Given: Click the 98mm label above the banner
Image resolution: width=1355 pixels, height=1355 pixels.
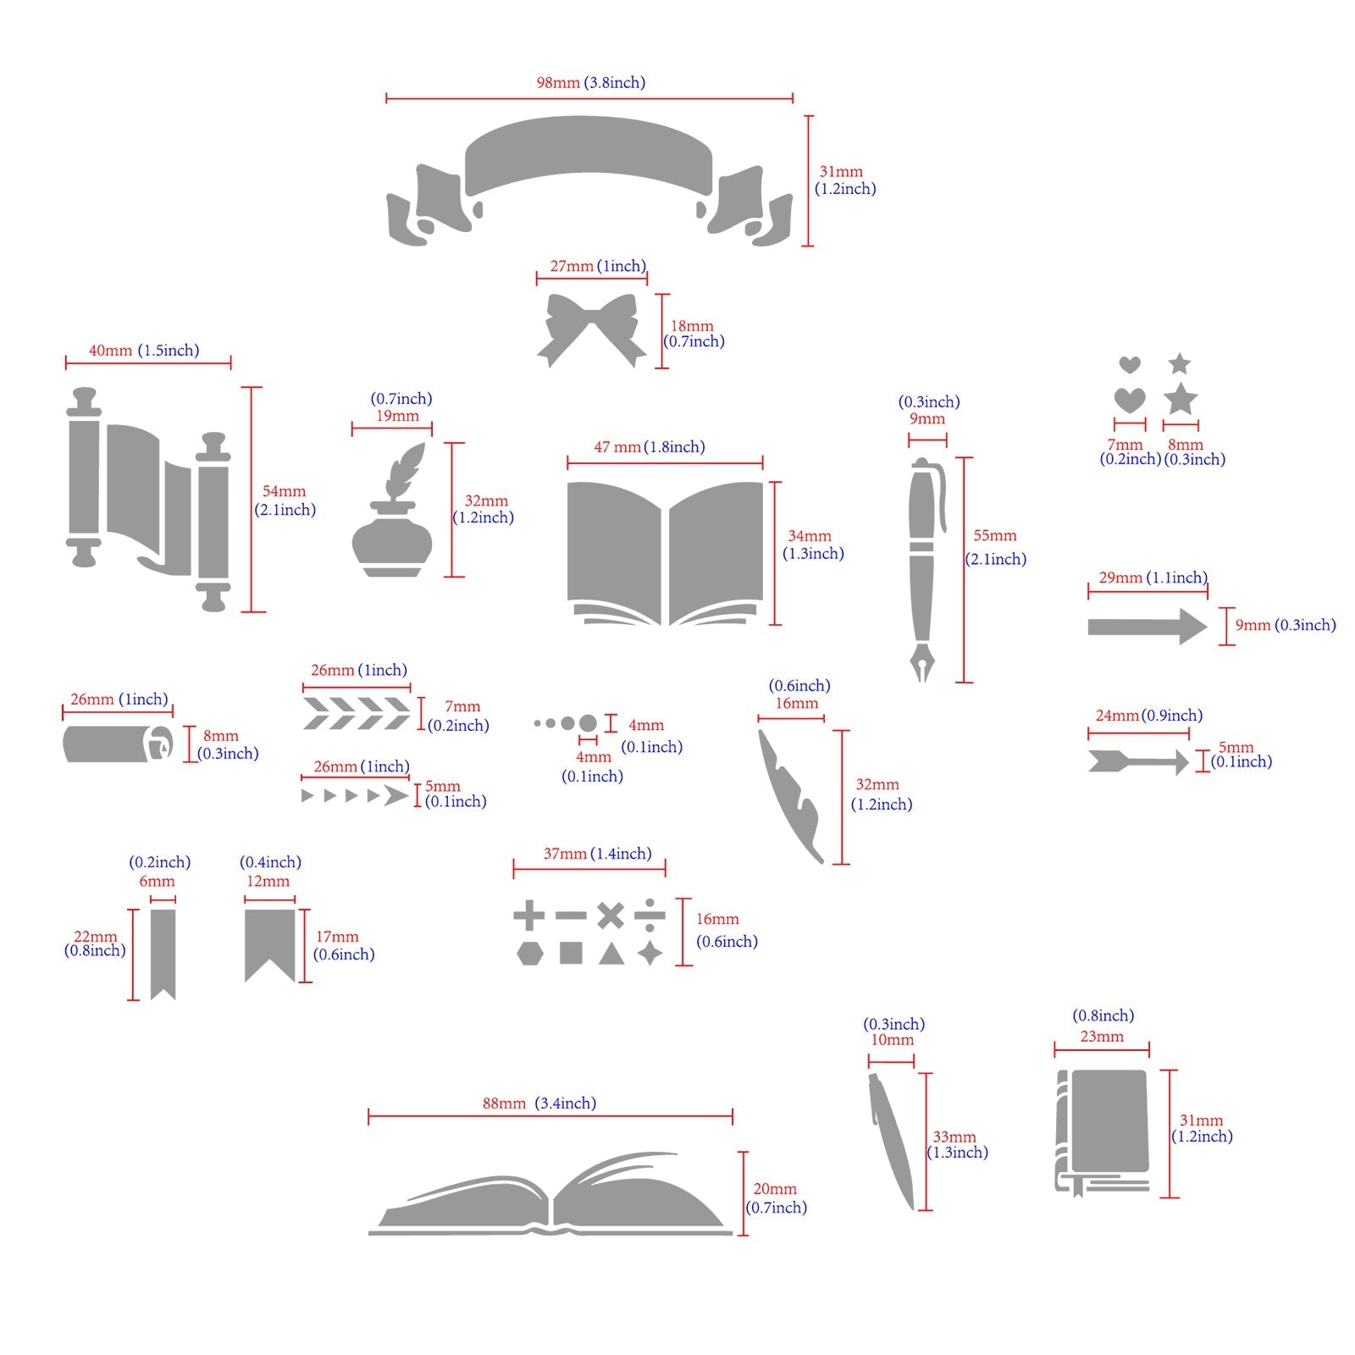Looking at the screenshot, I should point(558,83).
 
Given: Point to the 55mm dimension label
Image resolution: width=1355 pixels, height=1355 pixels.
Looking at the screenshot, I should point(994,536).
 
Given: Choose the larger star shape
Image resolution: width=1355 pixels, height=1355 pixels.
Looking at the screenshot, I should point(1180,399).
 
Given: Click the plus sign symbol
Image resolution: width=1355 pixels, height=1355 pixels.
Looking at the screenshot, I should point(529,915).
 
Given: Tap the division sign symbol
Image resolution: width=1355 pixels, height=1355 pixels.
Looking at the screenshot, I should point(650,915).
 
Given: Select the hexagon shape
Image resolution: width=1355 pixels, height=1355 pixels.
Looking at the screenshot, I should point(529,954).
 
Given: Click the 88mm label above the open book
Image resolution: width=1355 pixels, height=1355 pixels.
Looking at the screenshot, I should point(504,1103).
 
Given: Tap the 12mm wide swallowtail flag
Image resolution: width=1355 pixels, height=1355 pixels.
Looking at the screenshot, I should point(270,942).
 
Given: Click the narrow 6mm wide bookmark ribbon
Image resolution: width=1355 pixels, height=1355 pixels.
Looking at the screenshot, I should point(163,952).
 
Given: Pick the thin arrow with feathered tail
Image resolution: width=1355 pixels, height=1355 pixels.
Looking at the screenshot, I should point(1138,760).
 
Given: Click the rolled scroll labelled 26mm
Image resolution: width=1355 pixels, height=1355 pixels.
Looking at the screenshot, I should point(117,744).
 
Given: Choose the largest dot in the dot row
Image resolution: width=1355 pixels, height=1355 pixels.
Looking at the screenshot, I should point(588,724).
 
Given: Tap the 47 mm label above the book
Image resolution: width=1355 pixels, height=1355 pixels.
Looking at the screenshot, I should point(617,447).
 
